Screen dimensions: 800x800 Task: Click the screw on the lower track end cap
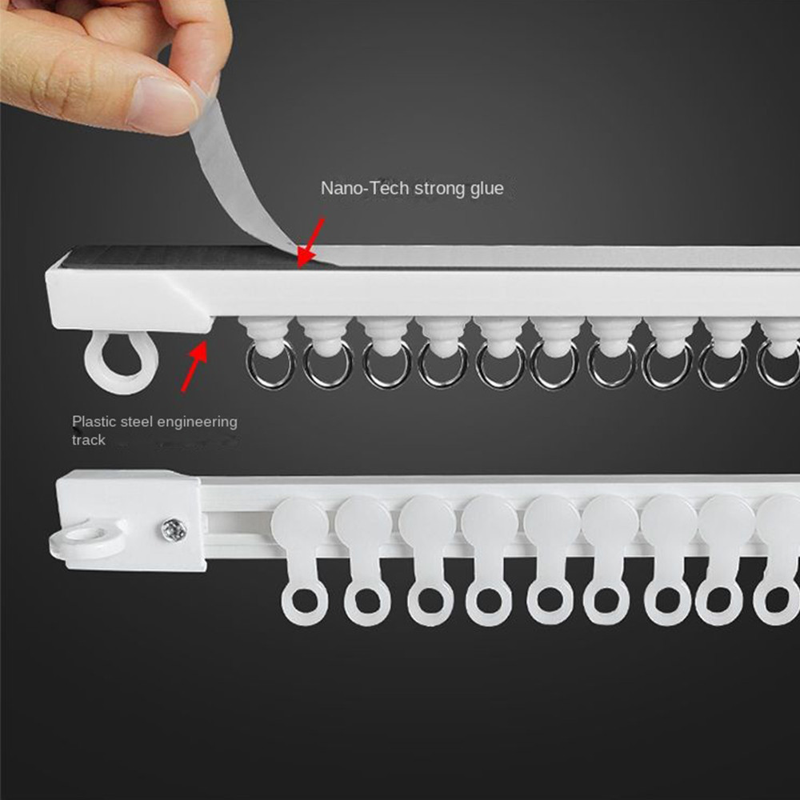click(x=174, y=530)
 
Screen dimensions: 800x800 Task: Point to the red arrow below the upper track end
click(x=195, y=366)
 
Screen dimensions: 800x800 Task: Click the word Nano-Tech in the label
click(x=365, y=188)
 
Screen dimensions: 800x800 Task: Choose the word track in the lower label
click(x=88, y=440)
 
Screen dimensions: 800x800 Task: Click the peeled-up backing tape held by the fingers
click(x=240, y=178)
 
